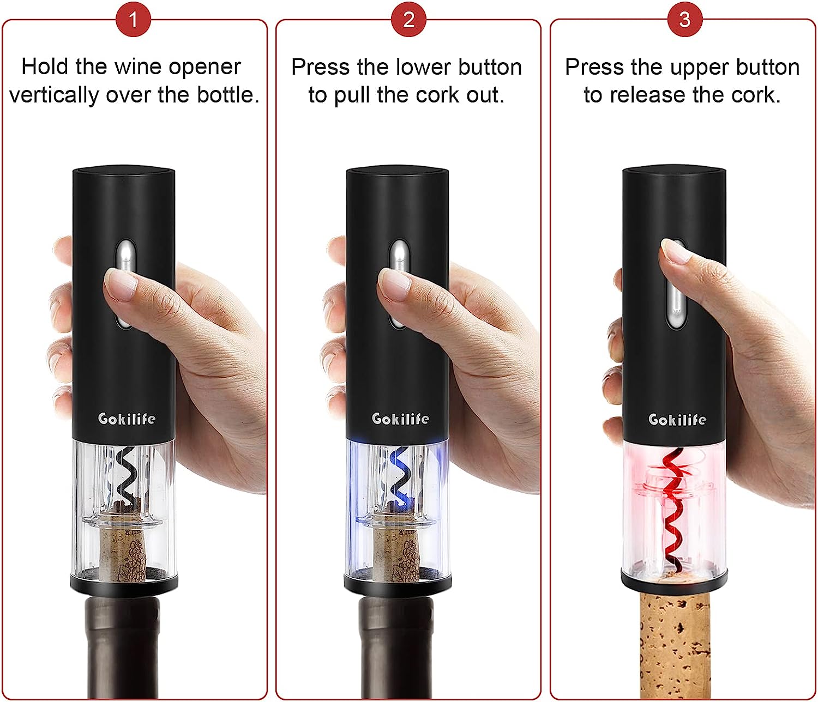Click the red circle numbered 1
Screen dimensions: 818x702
click(x=134, y=20)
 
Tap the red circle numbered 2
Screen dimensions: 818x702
click(x=408, y=20)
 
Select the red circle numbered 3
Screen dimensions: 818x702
click(x=684, y=20)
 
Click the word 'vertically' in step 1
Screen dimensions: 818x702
click(x=54, y=95)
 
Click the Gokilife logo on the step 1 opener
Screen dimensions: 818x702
click(x=126, y=419)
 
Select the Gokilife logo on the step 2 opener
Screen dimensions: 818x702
click(x=400, y=419)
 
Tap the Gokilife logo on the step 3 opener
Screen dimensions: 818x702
click(x=677, y=419)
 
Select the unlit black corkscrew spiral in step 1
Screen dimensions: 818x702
click(x=126, y=476)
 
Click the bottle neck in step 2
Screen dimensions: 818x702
click(x=396, y=648)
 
